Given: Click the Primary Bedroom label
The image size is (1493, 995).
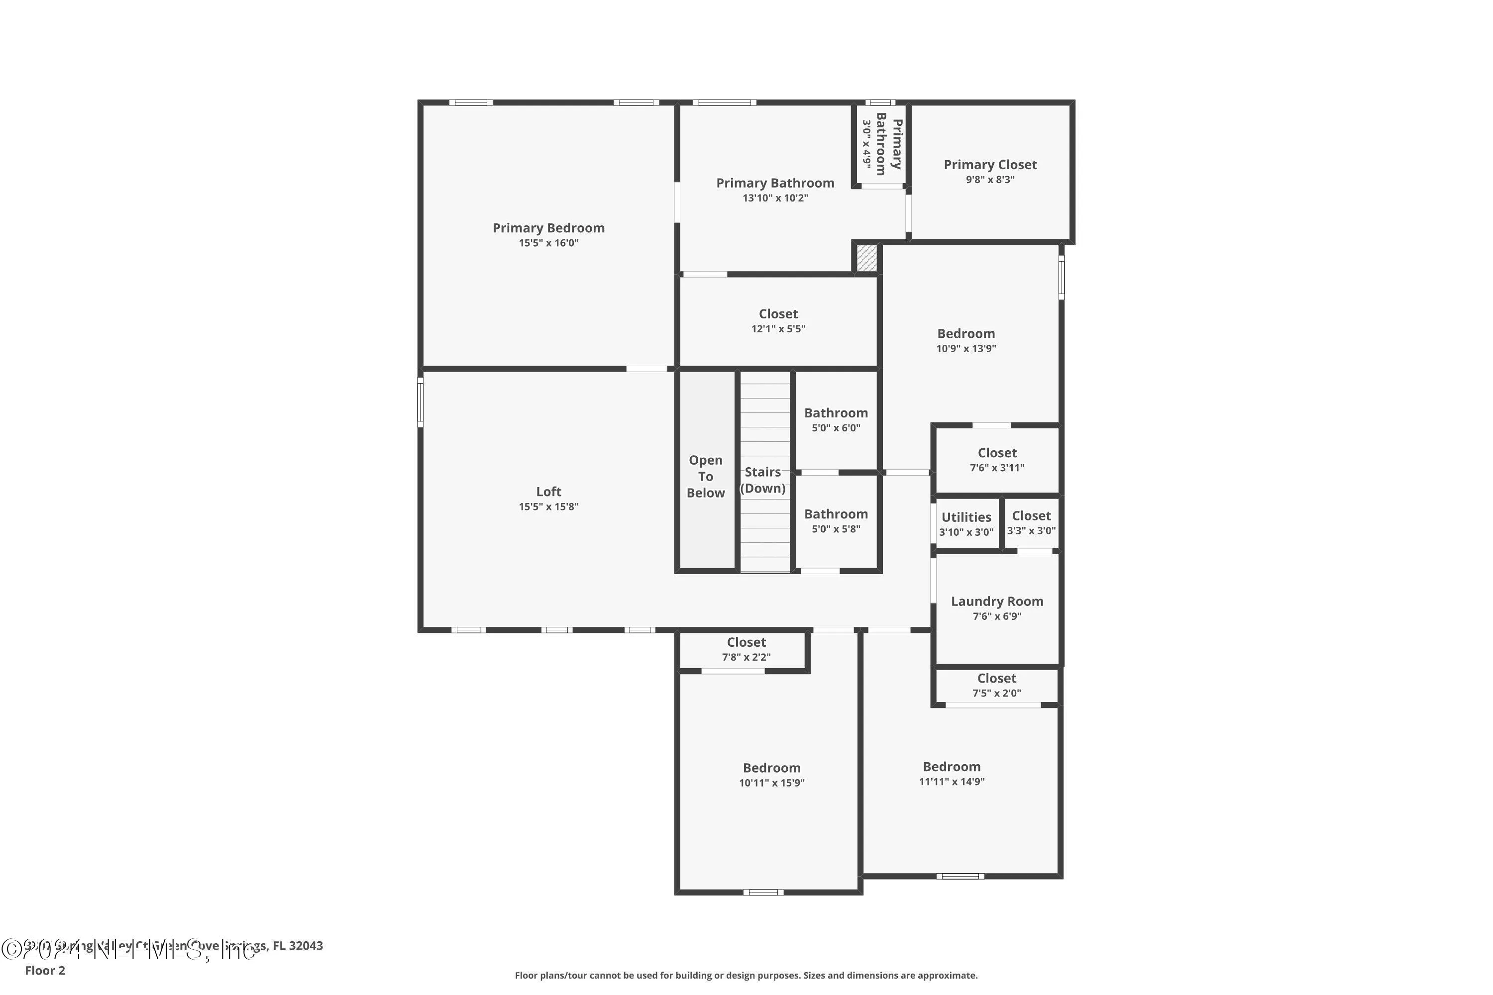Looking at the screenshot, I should pos(548,228).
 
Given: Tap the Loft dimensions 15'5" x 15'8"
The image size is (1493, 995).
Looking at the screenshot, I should pos(548,506).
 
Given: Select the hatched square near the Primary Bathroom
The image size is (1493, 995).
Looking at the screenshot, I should pos(866,258).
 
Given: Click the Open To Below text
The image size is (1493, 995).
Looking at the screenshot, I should pos(705,476).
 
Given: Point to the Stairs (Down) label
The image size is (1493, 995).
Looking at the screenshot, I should pos(762,480).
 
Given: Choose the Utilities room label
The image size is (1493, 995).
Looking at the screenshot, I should pos(965,517).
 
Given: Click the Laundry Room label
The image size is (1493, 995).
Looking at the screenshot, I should pos(997,601).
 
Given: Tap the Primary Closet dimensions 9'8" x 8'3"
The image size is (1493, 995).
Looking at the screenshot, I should pos(990,180).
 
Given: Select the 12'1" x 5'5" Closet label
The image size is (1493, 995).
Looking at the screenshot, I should pos(778,320).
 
